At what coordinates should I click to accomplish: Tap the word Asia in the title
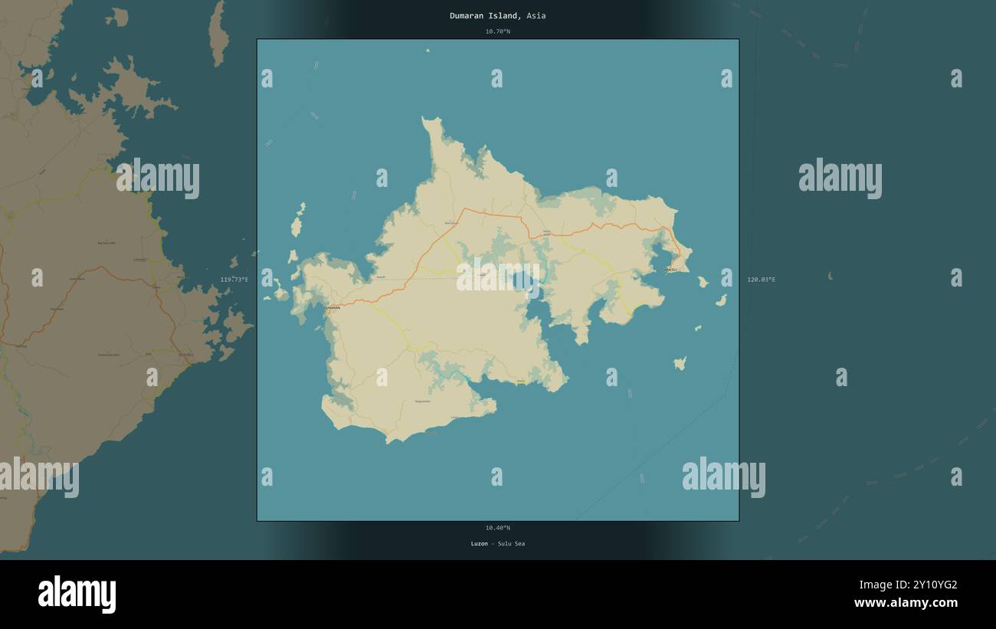[x=536, y=15]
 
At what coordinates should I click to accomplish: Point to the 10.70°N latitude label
[x=497, y=31]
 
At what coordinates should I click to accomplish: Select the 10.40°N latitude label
[x=497, y=528]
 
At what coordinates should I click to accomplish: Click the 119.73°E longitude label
[x=234, y=280]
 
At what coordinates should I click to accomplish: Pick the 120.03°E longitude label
[x=761, y=280]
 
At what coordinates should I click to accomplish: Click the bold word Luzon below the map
[x=479, y=544]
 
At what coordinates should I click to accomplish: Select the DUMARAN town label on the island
[x=332, y=308]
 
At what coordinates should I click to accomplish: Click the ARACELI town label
[x=671, y=270]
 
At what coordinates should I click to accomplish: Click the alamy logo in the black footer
[x=77, y=595]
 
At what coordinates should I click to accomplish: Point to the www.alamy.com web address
[x=906, y=603]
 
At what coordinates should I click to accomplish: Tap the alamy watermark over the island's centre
[x=498, y=277]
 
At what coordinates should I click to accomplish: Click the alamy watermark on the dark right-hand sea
[x=840, y=179]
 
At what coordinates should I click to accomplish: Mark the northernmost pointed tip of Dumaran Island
[x=426, y=119]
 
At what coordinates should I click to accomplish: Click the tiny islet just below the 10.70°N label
[x=428, y=51]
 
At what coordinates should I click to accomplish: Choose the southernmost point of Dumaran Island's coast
[x=389, y=442]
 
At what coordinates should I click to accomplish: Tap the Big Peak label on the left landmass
[x=106, y=243]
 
